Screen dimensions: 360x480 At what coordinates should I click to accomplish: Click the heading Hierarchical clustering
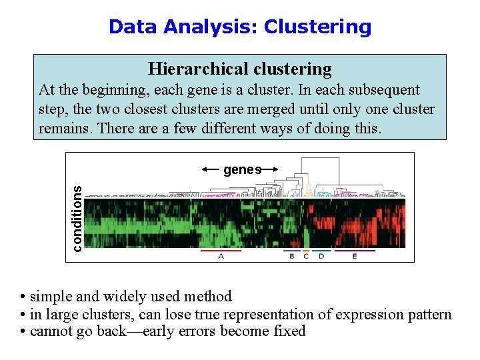coord(239,69)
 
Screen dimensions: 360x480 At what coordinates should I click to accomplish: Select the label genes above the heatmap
coord(242,170)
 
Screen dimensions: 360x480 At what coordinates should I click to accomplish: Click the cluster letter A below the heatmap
coord(221,257)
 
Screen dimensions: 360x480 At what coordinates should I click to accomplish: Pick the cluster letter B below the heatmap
coord(292,257)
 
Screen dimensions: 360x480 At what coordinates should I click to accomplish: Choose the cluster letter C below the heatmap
coord(306,257)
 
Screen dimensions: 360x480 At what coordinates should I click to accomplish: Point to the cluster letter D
coord(321,257)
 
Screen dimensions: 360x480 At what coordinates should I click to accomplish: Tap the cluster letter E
coord(355,257)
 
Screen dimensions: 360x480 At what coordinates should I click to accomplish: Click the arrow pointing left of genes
coord(211,169)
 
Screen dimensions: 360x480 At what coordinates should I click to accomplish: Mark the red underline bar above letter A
coord(221,251)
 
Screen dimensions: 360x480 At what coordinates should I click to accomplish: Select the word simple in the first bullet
coord(51,297)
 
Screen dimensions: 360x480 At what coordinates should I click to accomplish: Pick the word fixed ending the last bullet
coord(289,331)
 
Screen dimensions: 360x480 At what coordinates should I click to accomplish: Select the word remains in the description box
coord(65,127)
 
